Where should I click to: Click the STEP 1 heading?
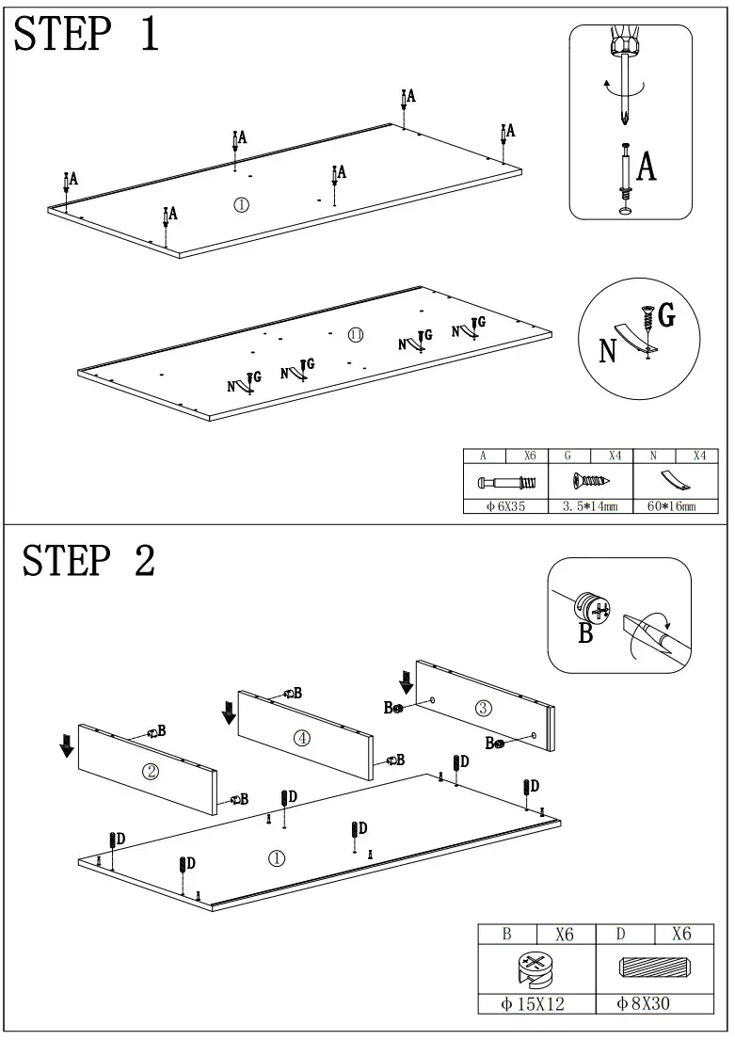[88, 35]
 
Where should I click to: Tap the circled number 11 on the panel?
[355, 335]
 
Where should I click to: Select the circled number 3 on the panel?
[483, 707]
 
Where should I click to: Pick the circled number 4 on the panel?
[301, 738]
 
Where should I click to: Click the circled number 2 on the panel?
[150, 772]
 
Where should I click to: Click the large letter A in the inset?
[647, 167]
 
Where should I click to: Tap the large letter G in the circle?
[666, 316]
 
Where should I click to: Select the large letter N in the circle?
[609, 351]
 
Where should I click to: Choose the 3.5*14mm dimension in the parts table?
[590, 506]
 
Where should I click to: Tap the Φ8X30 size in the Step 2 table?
[644, 1004]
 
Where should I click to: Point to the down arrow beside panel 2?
[67, 745]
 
